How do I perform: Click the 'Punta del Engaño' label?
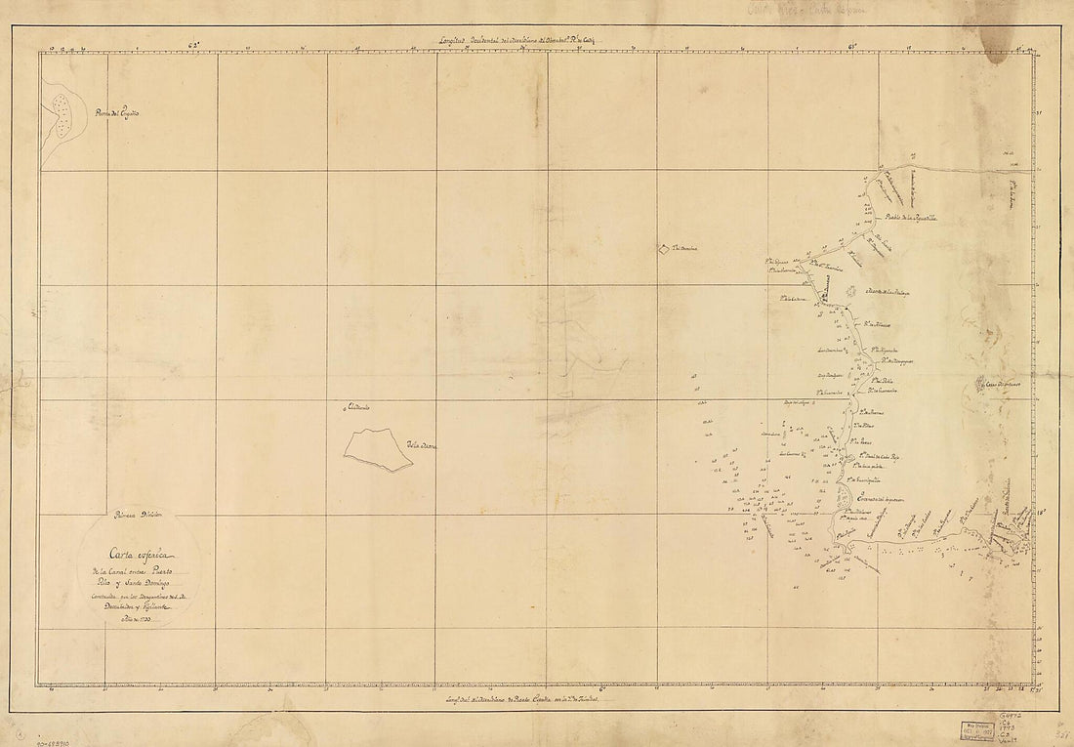pyautogui.click(x=116, y=114)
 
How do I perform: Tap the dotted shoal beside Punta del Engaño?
pyautogui.click(x=63, y=113)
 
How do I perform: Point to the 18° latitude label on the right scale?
pyautogui.click(x=1041, y=510)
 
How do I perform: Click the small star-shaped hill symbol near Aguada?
pyautogui.click(x=850, y=290)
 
